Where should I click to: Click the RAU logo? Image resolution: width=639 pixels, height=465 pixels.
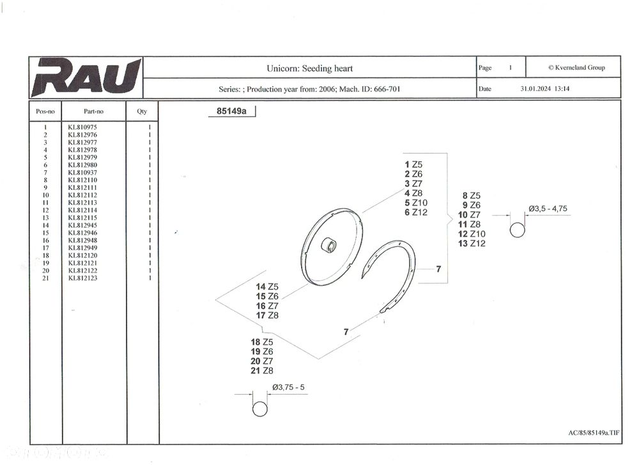click(x=86, y=77)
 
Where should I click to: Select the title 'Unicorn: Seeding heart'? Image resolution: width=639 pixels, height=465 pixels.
click(x=310, y=68)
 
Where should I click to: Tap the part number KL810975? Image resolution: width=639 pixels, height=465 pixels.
click(x=82, y=127)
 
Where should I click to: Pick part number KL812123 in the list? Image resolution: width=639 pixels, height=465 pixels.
click(x=82, y=278)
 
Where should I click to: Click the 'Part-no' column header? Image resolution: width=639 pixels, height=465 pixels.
click(x=94, y=111)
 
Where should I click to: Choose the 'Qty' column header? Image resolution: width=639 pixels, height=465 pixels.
click(x=142, y=111)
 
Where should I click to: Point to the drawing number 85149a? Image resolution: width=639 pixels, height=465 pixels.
click(x=231, y=111)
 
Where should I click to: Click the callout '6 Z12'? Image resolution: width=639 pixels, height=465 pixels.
click(x=416, y=212)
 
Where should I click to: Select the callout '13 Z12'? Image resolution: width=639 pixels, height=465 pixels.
click(x=472, y=244)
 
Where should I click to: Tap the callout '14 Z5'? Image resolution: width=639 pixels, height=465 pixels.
click(x=267, y=287)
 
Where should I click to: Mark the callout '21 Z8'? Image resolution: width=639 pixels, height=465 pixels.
click(x=262, y=371)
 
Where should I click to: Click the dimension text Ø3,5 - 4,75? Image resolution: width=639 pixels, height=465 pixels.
click(x=548, y=209)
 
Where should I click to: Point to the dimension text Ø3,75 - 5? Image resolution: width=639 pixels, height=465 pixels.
click(x=289, y=387)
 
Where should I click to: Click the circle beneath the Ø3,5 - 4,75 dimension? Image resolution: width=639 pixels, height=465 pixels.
click(x=518, y=230)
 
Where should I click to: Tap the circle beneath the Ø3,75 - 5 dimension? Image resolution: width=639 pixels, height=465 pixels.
click(x=260, y=409)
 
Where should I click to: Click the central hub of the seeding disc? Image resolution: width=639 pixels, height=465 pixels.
click(x=328, y=245)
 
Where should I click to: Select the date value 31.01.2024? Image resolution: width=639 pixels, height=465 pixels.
click(x=535, y=88)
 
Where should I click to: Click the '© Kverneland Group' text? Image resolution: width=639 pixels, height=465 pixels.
click(x=576, y=68)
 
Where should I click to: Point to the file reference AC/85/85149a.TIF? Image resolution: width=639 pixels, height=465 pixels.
click(x=594, y=433)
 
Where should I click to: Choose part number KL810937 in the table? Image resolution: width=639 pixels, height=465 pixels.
click(x=82, y=173)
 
